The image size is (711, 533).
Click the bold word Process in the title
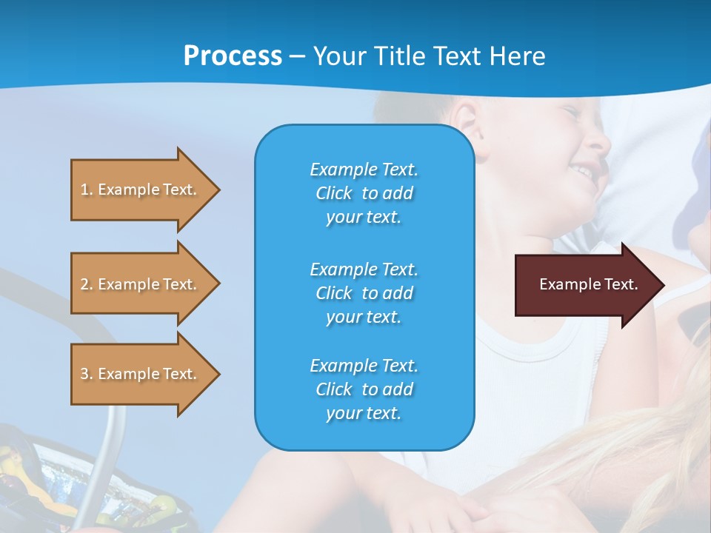coord(233,56)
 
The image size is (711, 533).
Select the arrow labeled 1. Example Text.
coord(141,190)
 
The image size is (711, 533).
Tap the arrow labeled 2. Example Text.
coord(141,284)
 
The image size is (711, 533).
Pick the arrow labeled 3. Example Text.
coord(141,374)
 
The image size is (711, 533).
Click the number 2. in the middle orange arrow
coord(86,284)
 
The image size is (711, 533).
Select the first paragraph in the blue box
coord(364,193)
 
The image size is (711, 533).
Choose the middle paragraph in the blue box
coord(364,293)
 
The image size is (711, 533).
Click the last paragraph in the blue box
coord(364,389)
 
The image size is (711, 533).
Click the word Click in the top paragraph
coord(334,193)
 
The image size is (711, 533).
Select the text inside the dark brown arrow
coord(588,284)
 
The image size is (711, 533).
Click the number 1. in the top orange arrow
coord(86,190)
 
